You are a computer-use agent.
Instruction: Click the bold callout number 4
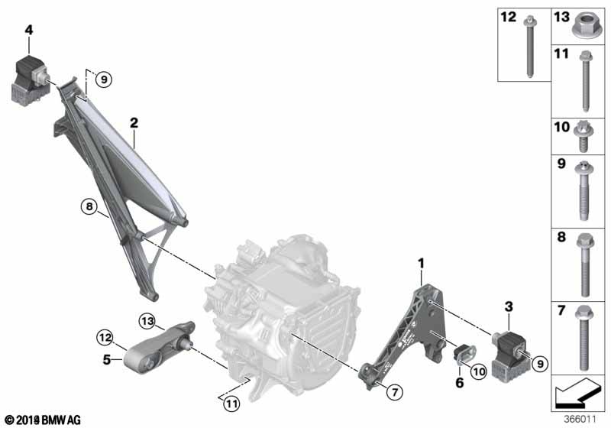click(28, 30)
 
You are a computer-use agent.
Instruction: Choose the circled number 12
click(105, 336)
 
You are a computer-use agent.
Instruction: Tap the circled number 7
click(394, 391)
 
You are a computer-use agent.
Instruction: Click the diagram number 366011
click(580, 419)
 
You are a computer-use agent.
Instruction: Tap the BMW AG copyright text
click(42, 420)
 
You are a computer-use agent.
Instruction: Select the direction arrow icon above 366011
click(578, 396)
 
